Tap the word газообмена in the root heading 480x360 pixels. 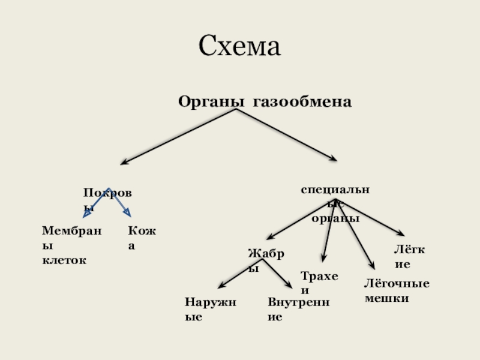(302, 101)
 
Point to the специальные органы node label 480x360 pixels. (335, 204)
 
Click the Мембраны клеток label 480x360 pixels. (71, 245)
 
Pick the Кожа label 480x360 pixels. (141, 238)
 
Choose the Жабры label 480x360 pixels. (266, 260)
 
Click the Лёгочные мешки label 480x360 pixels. (397, 290)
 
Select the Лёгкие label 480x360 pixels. (409, 256)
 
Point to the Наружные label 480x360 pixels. (210, 309)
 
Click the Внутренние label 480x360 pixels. (298, 309)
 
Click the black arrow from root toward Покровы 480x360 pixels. (178, 136)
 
